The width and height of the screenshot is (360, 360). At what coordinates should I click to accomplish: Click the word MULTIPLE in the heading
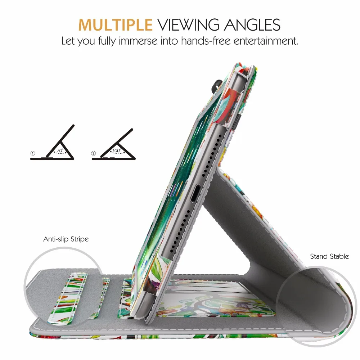tap(115, 24)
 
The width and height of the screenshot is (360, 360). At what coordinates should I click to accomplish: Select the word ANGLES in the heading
tap(252, 24)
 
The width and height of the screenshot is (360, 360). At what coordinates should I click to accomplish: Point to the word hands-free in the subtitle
tap(206, 41)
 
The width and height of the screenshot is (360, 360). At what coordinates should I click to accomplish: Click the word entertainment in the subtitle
tap(266, 41)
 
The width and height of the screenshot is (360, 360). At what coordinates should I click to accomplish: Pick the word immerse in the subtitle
tap(138, 41)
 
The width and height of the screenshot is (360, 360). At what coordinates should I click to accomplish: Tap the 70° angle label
tap(60, 150)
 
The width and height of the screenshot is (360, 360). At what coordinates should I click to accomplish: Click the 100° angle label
tap(117, 150)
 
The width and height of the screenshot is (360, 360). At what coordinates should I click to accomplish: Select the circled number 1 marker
tap(33, 153)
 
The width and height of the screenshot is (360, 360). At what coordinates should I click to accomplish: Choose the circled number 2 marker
tap(94, 153)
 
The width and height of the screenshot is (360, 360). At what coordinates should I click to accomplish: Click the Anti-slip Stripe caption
tap(66, 239)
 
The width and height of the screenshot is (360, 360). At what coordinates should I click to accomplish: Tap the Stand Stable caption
tap(329, 256)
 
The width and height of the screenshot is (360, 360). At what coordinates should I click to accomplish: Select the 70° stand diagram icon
tap(52, 142)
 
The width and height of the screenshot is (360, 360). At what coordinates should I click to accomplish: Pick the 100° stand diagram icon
tap(114, 144)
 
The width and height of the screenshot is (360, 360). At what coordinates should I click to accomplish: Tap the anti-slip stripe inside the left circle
tap(68, 298)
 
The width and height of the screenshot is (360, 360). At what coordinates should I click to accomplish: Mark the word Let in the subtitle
tap(68, 41)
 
